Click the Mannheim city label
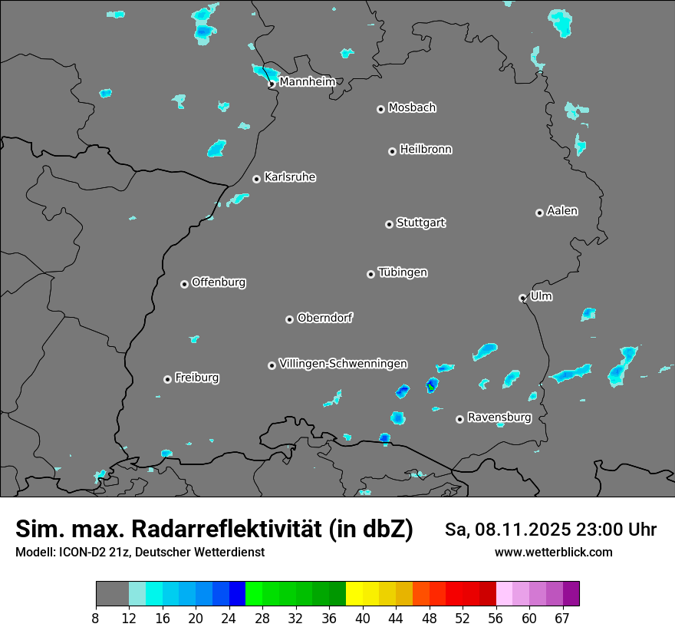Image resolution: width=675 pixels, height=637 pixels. pyautogui.click(x=307, y=81)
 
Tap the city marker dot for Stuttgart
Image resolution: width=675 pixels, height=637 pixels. pyautogui.click(x=389, y=224)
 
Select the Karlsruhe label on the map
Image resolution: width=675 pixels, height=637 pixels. pyautogui.click(x=290, y=177)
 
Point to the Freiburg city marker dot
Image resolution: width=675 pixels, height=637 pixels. pyautogui.click(x=167, y=379)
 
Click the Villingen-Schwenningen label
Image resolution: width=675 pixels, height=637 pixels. pyautogui.click(x=344, y=364)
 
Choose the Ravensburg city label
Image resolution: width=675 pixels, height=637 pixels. pyautogui.click(x=499, y=418)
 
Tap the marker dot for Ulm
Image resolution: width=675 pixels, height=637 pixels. pyautogui.click(x=522, y=298)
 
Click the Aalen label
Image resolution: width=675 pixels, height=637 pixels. pyautogui.click(x=562, y=211)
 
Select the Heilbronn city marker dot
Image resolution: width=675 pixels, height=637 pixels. pyautogui.click(x=392, y=151)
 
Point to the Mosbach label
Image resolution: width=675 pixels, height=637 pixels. pyautogui.click(x=412, y=107)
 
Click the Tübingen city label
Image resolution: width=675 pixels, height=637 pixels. pyautogui.click(x=403, y=272)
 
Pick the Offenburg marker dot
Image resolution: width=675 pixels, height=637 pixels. pyautogui.click(x=184, y=284)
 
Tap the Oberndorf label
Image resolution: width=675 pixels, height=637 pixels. pyautogui.click(x=325, y=318)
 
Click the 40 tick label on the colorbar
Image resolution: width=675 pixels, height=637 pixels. pyautogui.click(x=363, y=618)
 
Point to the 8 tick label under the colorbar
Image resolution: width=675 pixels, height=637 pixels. pyautogui.click(x=96, y=618)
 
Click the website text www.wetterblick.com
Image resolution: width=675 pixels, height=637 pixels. pyautogui.click(x=554, y=553)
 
